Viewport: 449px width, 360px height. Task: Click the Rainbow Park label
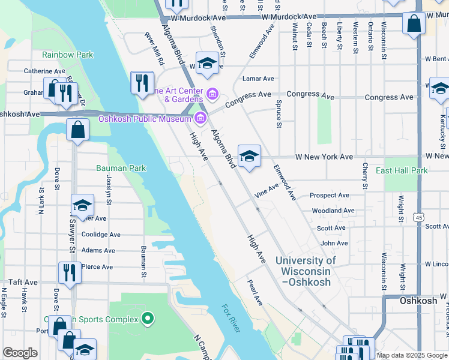click(67, 55)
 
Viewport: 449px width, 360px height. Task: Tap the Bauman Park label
click(121, 168)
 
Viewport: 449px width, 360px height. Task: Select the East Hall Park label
click(402, 171)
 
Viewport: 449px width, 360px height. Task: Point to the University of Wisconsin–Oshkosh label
click(306, 271)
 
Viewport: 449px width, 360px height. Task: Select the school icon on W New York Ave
click(249, 156)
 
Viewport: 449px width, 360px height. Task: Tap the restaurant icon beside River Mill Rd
click(142, 82)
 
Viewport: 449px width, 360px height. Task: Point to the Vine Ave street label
click(267, 193)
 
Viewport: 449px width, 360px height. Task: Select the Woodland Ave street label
click(333, 211)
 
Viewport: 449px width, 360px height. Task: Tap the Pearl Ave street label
click(255, 291)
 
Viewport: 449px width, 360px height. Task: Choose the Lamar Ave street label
click(258, 78)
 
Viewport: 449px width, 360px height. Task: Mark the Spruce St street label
click(279, 113)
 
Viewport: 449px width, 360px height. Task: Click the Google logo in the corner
click(20, 353)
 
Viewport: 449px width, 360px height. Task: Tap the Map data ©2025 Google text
click(411, 355)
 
